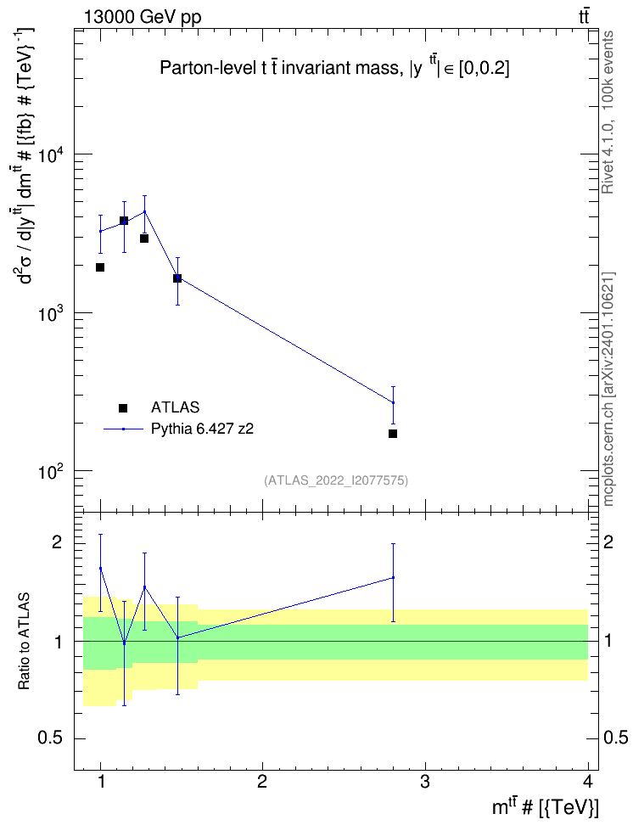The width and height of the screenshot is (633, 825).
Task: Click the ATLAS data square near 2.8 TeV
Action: pyautogui.click(x=393, y=434)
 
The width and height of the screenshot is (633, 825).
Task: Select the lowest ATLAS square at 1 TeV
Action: pyautogui.click(x=100, y=267)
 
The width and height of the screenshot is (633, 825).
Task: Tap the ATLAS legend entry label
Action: pyautogui.click(x=175, y=407)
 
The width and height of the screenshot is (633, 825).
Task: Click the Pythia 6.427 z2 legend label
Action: pyautogui.click(x=202, y=429)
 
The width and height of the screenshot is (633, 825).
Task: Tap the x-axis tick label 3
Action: pyautogui.click(x=425, y=782)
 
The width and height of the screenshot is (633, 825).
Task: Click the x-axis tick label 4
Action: pyautogui.click(x=588, y=782)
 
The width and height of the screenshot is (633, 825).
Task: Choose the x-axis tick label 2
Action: pyautogui.click(x=262, y=782)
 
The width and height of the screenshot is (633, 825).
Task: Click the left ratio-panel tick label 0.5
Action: pyautogui.click(x=51, y=738)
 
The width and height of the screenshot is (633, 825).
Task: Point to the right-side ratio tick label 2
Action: pyautogui.click(x=608, y=542)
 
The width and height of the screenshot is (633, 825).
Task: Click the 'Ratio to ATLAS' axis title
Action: pyautogui.click(x=24, y=642)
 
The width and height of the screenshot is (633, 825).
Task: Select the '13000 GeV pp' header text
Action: pyautogui.click(x=143, y=17)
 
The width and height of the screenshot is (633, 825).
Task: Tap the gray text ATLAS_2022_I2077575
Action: pyautogui.click(x=336, y=480)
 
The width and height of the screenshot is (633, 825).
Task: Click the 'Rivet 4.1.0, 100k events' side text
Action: pyautogui.click(x=608, y=113)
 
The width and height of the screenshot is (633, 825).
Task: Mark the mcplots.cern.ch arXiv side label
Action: pyautogui.click(x=608, y=390)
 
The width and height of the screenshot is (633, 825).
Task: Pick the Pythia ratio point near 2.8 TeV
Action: pyautogui.click(x=393, y=578)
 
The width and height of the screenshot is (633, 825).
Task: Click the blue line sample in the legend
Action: pyautogui.click(x=123, y=429)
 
